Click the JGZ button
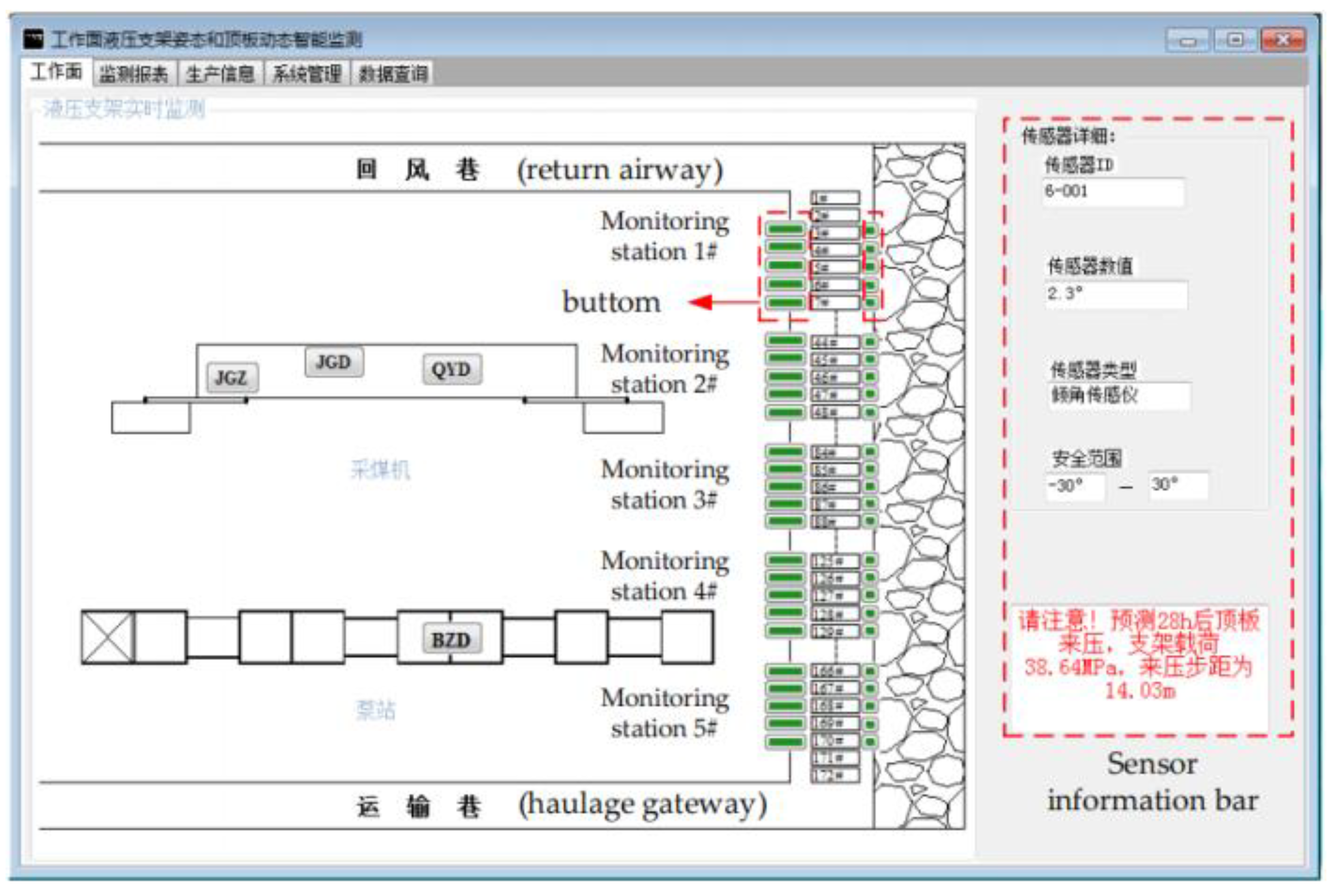click(x=232, y=378)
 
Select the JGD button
click(x=334, y=362)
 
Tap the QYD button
click(x=452, y=370)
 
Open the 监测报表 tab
click(x=133, y=74)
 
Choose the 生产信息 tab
click(x=220, y=74)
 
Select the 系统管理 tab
click(x=307, y=74)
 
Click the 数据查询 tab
click(x=393, y=74)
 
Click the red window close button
click(x=1283, y=40)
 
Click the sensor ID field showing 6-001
click(x=1113, y=192)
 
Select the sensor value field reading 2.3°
click(x=1116, y=294)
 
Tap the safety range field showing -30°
click(x=1074, y=486)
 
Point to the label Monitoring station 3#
click(x=664, y=485)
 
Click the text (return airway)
click(x=620, y=170)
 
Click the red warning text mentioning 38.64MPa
click(x=1139, y=655)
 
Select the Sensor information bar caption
click(x=1152, y=782)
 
